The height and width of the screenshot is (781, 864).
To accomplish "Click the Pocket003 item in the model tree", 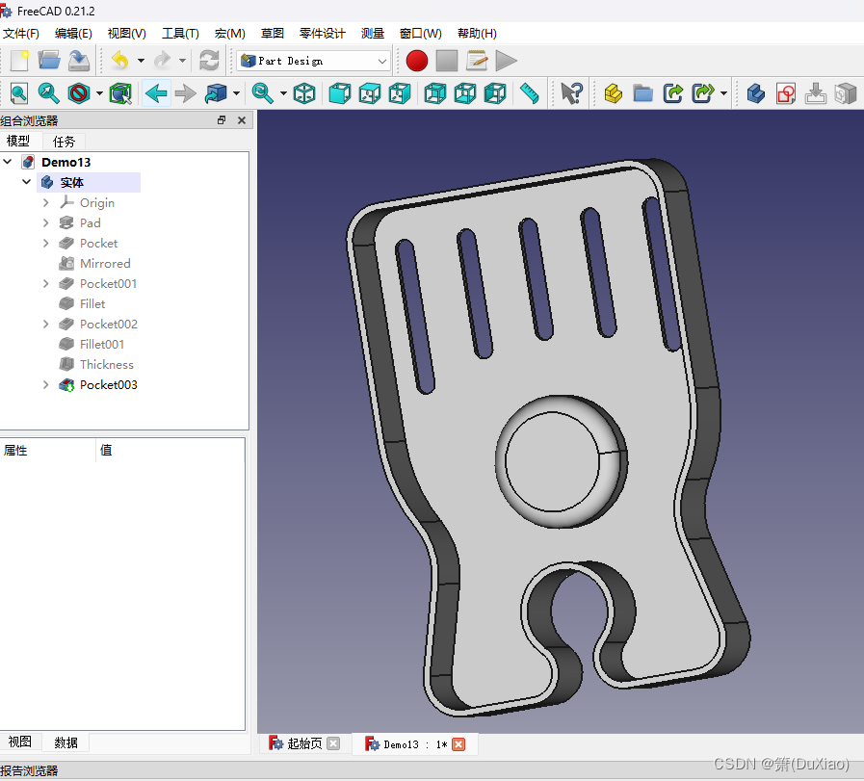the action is coord(108,385).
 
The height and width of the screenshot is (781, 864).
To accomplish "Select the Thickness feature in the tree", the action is coord(106,365).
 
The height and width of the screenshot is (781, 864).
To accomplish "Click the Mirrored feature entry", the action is coord(105,263).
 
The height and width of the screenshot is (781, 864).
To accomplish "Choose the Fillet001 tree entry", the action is coord(101,344).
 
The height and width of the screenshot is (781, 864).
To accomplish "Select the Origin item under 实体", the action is coord(97,202).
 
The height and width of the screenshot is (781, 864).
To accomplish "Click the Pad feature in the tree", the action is coord(90,223).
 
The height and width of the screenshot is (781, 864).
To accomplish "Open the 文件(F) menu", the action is coord(21,34).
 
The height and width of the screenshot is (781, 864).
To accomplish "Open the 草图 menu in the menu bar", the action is coord(273,34).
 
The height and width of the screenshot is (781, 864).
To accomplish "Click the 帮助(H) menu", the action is coord(477,34).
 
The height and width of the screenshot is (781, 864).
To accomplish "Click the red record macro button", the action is coord(416,61).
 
